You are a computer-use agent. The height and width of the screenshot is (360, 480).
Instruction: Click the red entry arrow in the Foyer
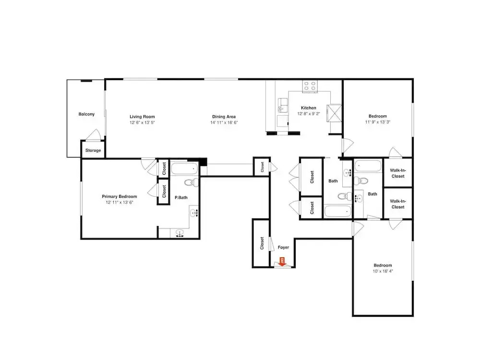(282, 262)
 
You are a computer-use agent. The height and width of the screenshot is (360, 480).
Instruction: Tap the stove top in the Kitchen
(310, 86)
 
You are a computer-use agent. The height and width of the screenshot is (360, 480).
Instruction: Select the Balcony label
(86, 114)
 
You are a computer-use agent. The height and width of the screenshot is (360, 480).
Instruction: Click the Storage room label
(93, 150)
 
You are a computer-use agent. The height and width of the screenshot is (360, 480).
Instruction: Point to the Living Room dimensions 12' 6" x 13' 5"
(142, 122)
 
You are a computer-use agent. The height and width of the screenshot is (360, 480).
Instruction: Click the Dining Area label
(224, 117)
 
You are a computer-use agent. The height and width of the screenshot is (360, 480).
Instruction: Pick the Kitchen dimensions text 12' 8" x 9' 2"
(309, 114)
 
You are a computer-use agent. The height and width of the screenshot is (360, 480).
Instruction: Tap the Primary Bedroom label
(120, 196)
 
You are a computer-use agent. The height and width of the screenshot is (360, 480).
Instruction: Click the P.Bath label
(181, 197)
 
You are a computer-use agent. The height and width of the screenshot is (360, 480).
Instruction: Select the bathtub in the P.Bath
(184, 169)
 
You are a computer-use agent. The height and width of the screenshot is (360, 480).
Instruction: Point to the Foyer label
(284, 247)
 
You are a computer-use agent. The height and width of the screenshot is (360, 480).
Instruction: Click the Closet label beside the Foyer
(262, 243)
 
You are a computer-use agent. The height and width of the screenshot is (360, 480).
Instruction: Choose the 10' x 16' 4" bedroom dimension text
(383, 271)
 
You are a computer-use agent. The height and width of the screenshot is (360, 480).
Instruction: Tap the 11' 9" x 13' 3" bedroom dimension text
(377, 122)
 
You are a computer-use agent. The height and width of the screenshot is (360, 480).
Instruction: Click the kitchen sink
(283, 105)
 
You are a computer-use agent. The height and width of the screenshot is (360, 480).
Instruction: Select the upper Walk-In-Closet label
(398, 173)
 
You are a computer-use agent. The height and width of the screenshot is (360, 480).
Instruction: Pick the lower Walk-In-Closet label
(398, 204)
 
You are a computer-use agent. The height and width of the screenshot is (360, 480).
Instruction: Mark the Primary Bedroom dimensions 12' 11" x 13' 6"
(120, 203)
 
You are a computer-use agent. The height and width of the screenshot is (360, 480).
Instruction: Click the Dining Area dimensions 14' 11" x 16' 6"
(224, 122)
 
